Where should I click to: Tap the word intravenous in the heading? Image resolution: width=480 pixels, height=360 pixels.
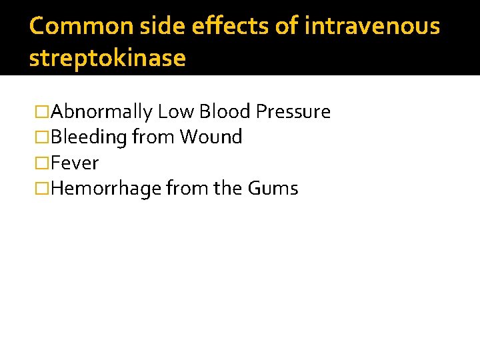pos(371,26)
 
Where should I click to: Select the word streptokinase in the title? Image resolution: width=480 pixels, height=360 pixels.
pos(107,58)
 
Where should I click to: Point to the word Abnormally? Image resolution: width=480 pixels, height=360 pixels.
pos(102,112)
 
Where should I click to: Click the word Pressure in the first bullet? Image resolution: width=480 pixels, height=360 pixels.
pos(293,111)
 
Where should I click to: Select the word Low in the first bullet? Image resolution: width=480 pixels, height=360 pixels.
pos(175,111)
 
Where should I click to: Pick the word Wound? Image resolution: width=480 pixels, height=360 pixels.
pos(211,137)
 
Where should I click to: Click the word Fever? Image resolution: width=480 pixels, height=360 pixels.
pos(75,163)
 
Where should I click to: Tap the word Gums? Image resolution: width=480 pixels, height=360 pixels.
pos(273,189)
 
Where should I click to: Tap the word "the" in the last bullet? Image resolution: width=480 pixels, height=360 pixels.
pos(228,189)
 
